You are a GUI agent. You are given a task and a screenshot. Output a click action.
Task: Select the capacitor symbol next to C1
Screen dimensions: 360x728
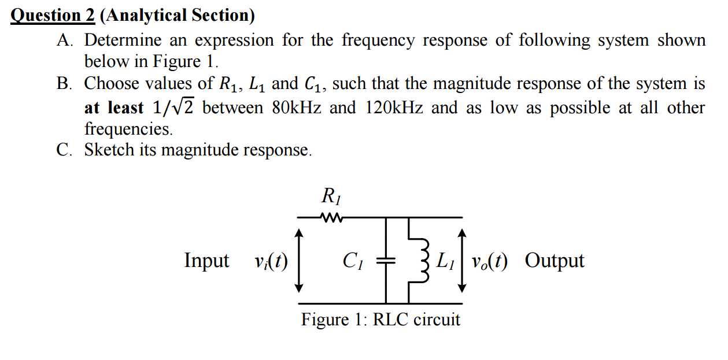tap(386, 261)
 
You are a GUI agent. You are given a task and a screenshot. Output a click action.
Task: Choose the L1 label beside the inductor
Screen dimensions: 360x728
tap(445, 261)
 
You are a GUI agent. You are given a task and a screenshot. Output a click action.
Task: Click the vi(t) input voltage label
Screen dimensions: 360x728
tap(271, 261)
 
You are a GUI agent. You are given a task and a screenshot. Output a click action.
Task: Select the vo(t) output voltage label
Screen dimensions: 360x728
tap(489, 261)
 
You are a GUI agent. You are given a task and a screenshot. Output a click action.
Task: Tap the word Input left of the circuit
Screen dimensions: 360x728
tap(206, 261)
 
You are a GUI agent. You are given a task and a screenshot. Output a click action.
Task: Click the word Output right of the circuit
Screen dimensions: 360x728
tap(555, 261)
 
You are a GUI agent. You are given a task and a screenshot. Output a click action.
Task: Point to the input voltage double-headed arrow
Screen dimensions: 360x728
tap(298, 260)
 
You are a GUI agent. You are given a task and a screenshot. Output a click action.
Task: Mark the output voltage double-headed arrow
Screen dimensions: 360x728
tap(461, 260)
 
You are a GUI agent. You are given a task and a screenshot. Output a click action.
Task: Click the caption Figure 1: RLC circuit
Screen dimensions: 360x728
tap(380, 319)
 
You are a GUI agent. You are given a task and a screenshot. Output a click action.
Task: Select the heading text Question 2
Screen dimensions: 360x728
tap(53, 15)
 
